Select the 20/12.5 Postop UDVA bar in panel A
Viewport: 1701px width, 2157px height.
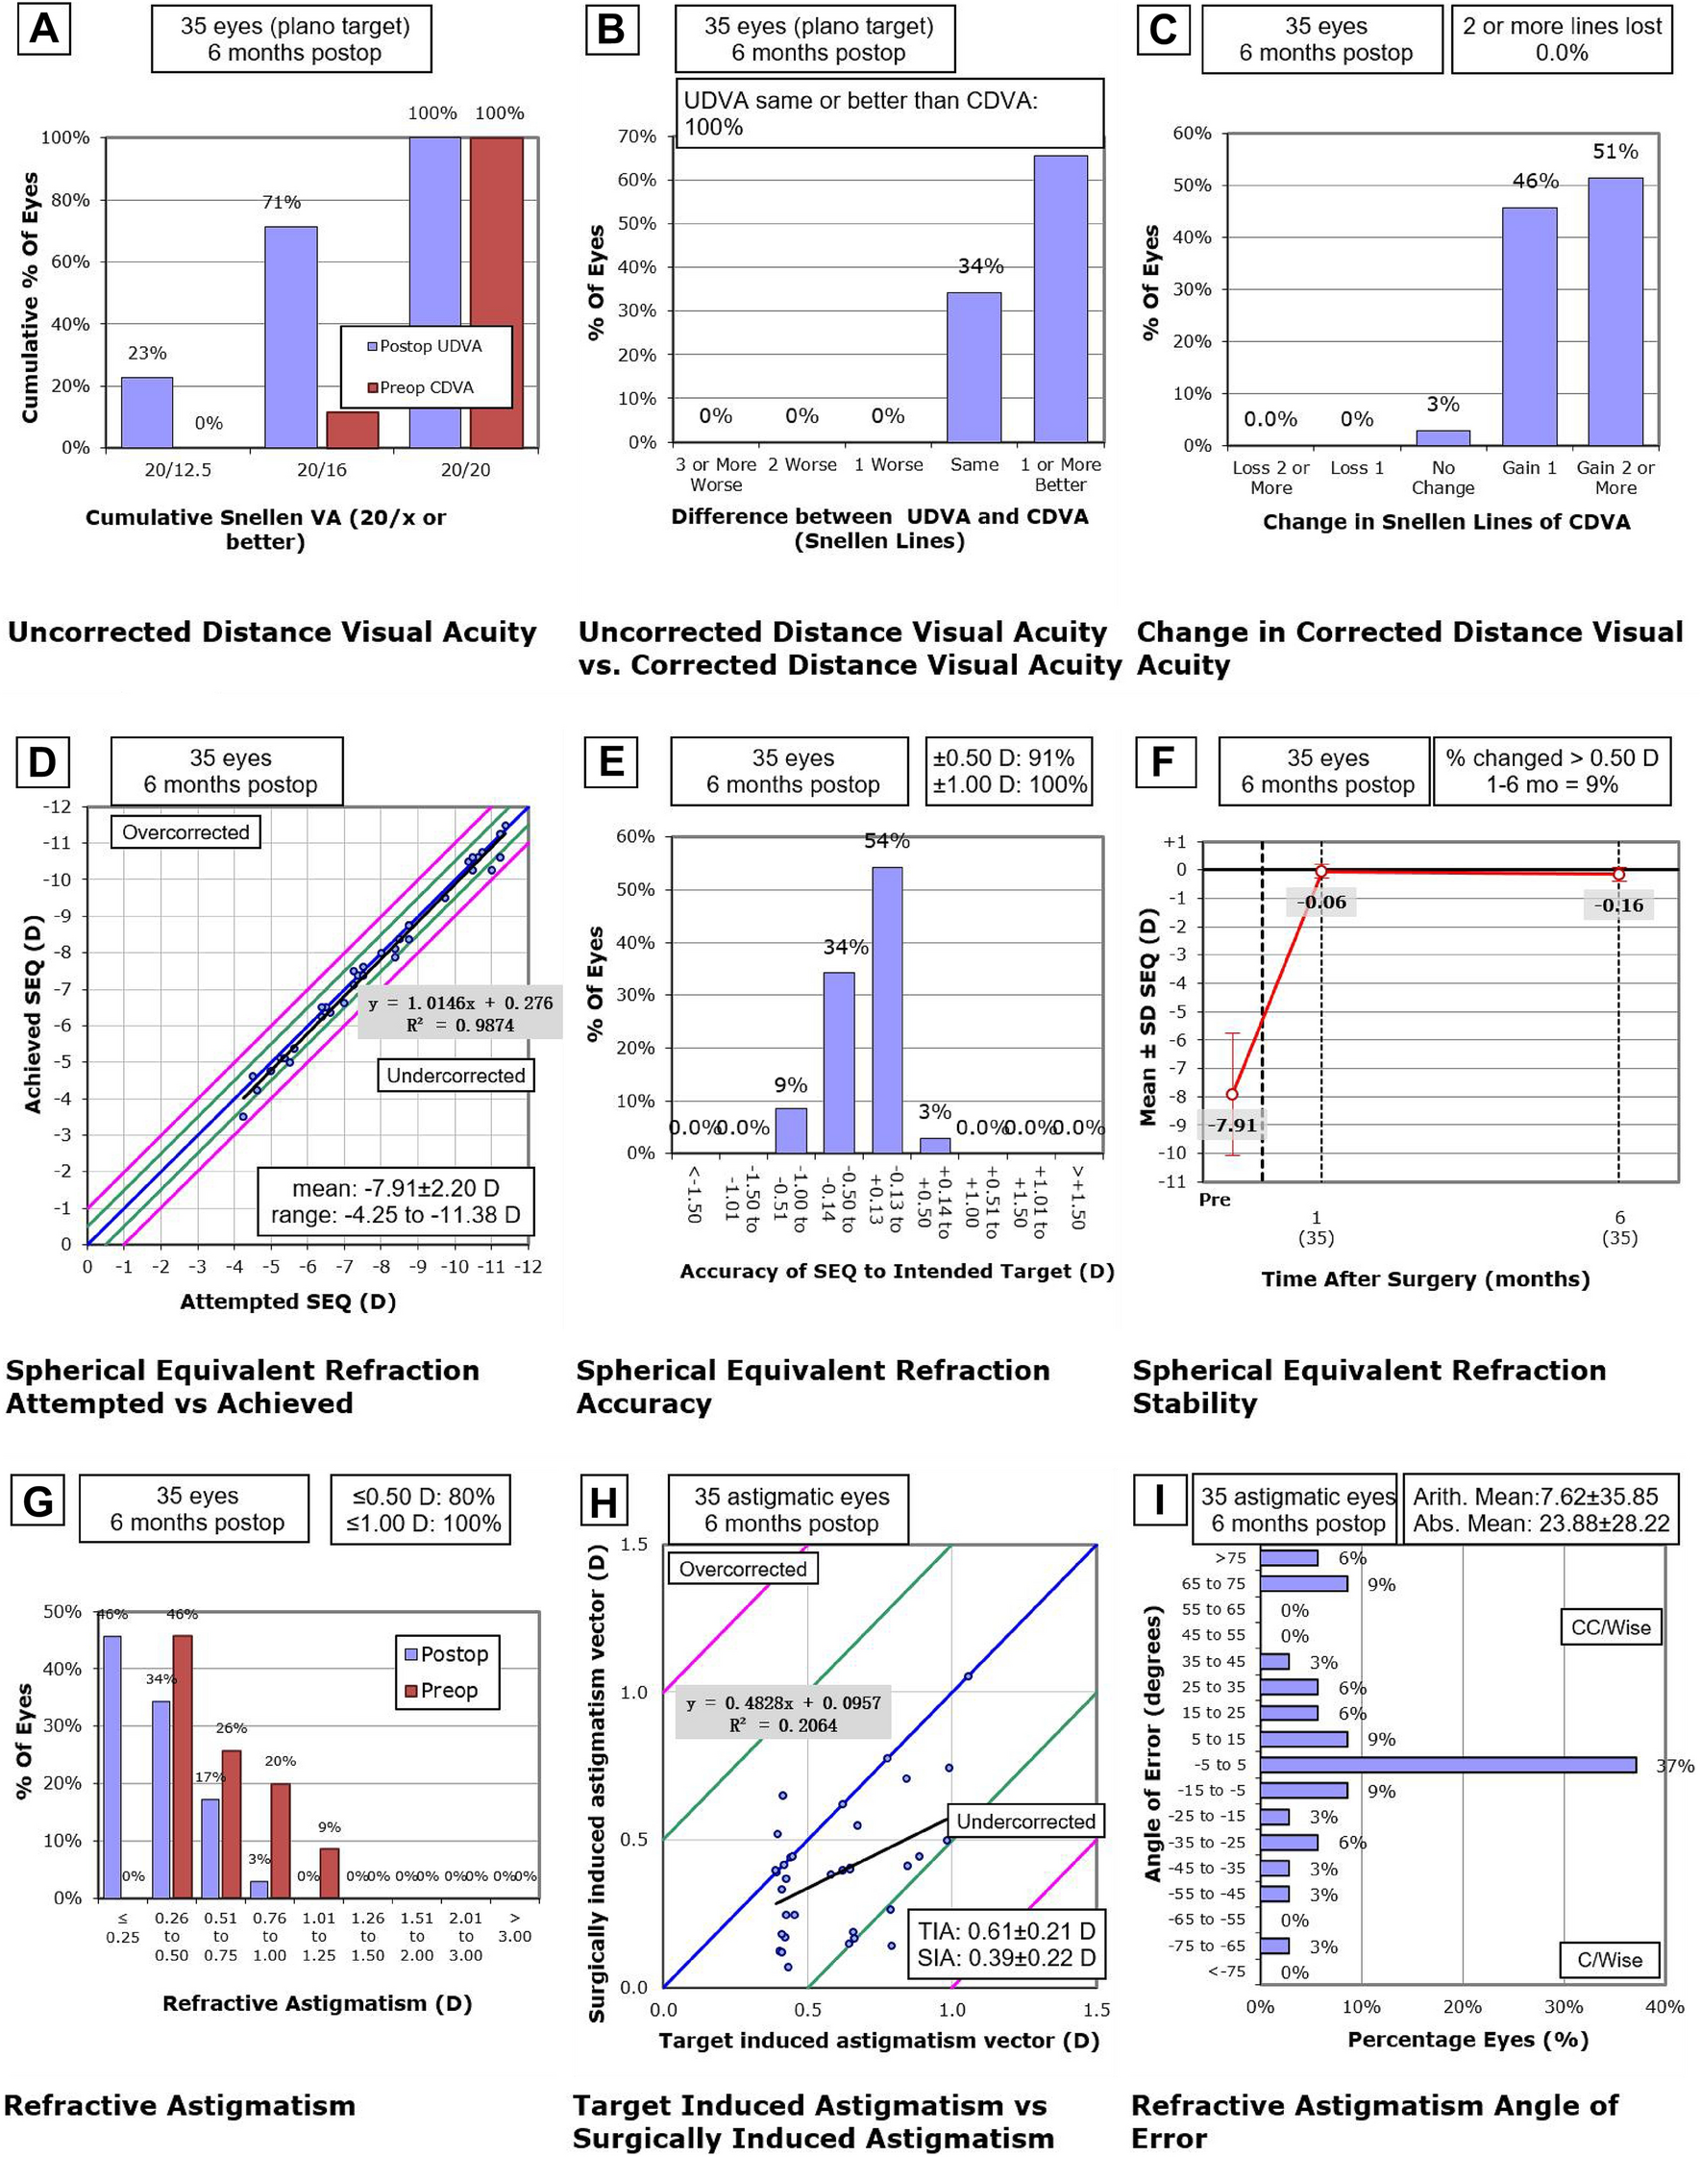coord(146,411)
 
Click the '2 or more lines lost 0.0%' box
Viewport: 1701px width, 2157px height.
coord(1561,39)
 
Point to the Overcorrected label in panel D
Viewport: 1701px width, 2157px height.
coord(185,832)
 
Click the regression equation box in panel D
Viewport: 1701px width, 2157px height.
coord(460,1013)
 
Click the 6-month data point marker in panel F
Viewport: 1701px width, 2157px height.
coord(1619,875)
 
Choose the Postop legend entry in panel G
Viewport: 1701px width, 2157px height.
coord(446,1654)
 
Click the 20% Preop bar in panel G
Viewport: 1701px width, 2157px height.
coord(280,1841)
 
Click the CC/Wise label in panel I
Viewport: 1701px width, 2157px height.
coord(1611,1628)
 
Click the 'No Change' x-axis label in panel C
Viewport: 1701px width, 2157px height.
coord(1442,478)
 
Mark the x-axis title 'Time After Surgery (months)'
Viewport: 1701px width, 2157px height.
coord(1425,1279)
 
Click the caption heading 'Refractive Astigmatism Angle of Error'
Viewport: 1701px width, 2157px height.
coord(1374,2121)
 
